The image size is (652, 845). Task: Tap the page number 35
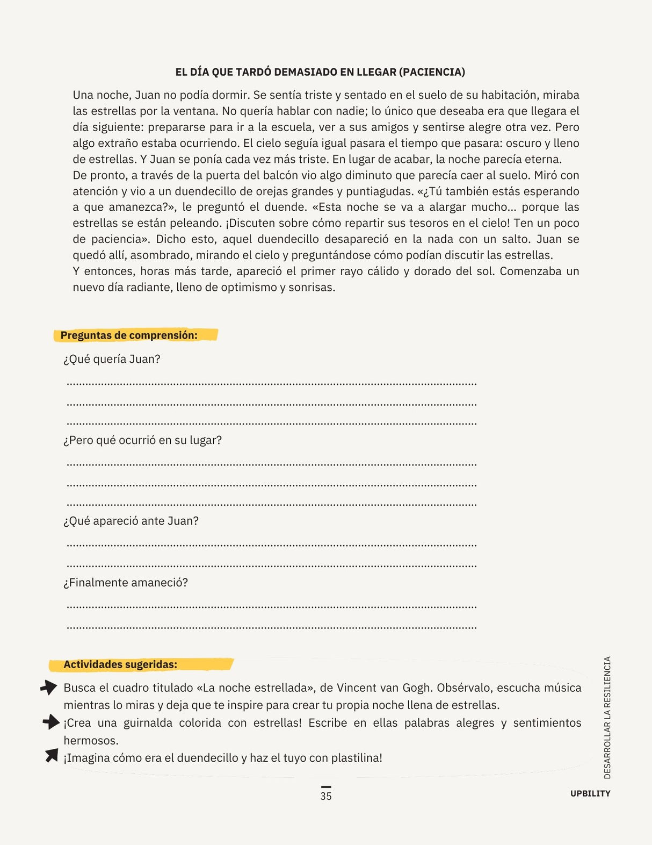pos(326,796)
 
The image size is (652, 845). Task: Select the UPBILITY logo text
pos(590,793)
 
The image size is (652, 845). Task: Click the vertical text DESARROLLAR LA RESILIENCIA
pos(607,718)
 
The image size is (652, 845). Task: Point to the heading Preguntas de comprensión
pos(129,335)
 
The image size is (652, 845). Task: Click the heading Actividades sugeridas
pos(120,664)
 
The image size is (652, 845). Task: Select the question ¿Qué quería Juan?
pos(112,359)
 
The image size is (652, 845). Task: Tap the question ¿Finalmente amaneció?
pos(126,583)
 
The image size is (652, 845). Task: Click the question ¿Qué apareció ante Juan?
pos(131,521)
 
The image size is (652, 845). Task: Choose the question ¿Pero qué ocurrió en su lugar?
pos(142,440)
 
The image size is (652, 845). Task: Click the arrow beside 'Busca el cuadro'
pos(49,688)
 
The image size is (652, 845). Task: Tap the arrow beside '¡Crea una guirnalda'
pos(51,722)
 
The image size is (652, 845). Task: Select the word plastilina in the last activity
pos(357,758)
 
